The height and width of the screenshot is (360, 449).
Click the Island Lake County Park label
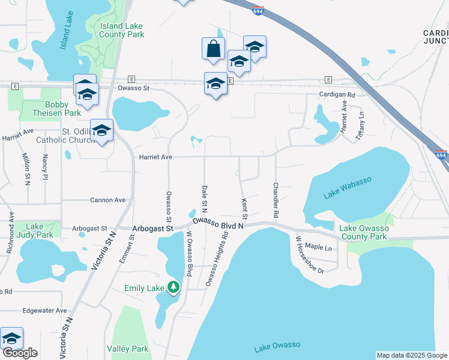(122, 30)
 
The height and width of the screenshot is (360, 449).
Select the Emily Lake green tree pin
(173, 287)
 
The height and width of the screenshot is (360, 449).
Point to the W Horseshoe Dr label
(309, 255)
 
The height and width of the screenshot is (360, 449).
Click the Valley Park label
(127, 349)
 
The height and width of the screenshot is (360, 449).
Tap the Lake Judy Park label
(35, 230)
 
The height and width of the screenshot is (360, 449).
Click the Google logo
(20, 353)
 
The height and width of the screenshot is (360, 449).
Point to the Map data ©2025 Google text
(412, 355)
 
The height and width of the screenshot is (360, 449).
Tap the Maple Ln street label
(319, 247)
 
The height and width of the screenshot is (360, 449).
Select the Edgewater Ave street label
(44, 310)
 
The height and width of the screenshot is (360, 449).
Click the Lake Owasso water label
(277, 345)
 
